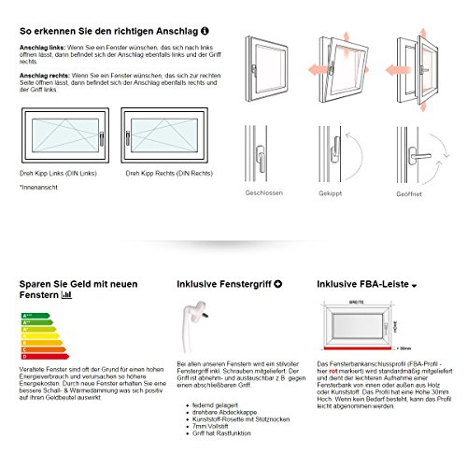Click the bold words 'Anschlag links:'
click(42, 45)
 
